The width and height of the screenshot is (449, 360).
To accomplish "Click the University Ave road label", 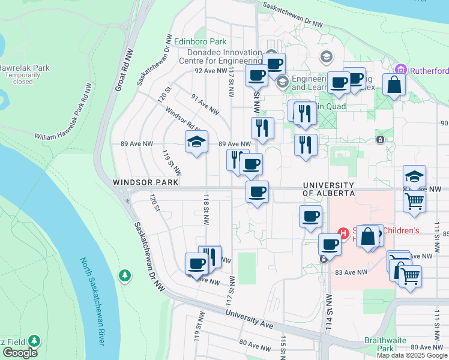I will click(x=249, y=320).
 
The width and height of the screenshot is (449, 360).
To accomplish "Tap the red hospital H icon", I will click(x=344, y=233).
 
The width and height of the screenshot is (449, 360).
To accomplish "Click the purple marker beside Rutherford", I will click(x=402, y=70).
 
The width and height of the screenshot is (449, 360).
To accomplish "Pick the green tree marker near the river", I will click(x=124, y=275).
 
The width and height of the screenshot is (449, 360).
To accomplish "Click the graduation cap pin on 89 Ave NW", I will click(x=196, y=143).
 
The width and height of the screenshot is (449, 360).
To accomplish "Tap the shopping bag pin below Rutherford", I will click(x=394, y=85).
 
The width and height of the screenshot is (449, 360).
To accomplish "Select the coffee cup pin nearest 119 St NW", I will click(x=196, y=263).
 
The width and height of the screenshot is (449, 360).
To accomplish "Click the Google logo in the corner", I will click(x=20, y=353).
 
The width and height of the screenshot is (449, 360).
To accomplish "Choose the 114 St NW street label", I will click(x=328, y=309).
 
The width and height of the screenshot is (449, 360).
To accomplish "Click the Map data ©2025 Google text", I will click(x=412, y=355).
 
